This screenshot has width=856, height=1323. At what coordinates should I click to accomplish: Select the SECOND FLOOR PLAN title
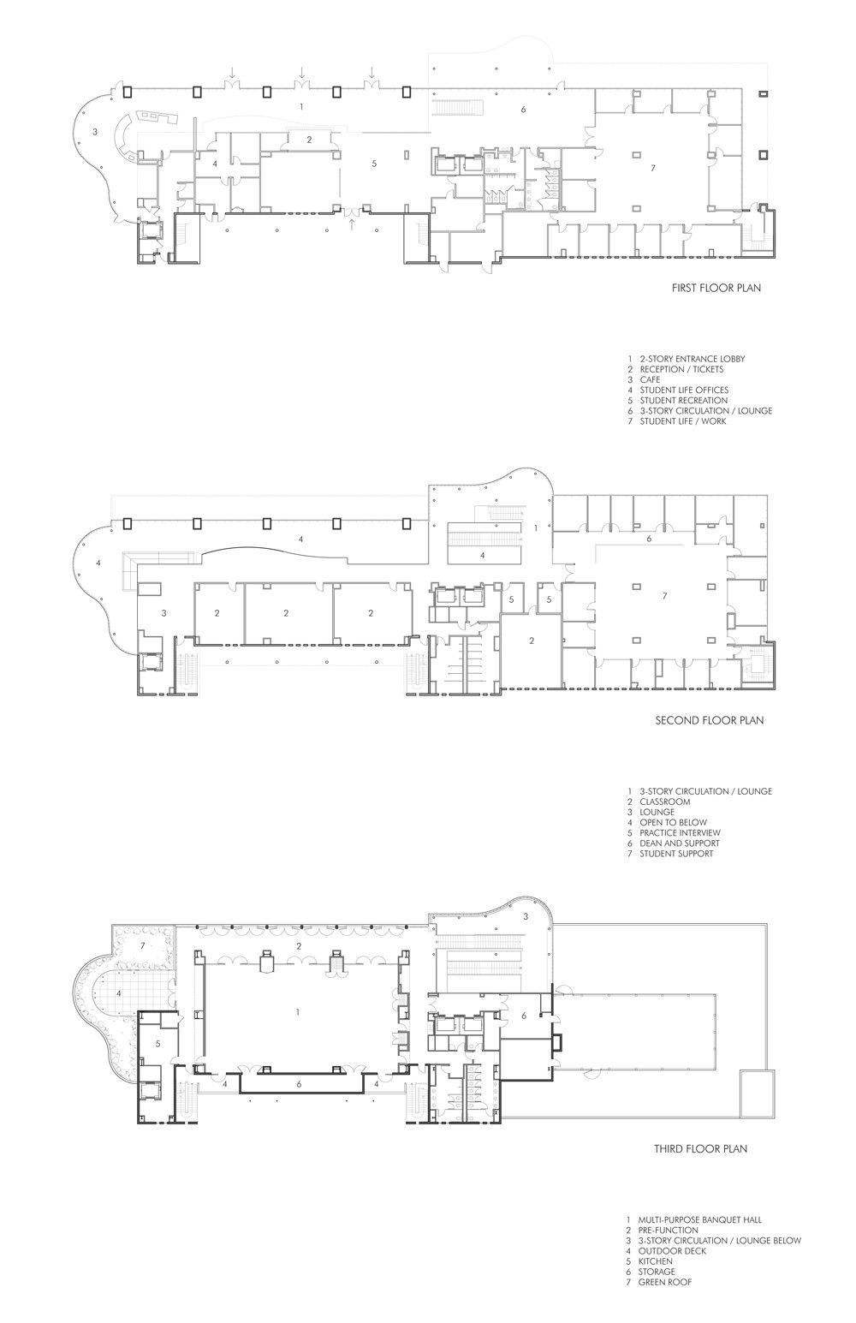pos(710,720)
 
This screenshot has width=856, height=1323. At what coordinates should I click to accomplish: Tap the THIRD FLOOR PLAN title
pos(701,1149)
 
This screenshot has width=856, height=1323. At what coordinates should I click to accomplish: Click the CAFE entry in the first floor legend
pos(650,379)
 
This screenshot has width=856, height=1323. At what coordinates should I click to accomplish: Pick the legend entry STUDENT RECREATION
pos(684,401)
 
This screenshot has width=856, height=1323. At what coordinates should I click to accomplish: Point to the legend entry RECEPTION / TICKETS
pos(681,369)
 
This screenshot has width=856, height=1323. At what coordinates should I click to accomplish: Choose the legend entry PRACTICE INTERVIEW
pos(680,833)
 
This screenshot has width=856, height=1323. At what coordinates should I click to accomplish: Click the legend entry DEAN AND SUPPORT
pos(680,843)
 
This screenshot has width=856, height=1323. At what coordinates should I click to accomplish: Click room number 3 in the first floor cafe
pos(95,132)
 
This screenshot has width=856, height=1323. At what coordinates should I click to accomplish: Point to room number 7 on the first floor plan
pos(652,169)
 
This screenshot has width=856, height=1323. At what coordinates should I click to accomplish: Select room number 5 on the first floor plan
pos(374,164)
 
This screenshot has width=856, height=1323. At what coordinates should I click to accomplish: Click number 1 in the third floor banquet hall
pos(298,1012)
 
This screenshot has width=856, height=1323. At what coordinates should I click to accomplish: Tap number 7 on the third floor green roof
pos(142,945)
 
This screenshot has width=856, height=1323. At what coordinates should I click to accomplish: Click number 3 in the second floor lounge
pos(163,613)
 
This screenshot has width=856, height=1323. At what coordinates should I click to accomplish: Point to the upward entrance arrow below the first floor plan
pos(352,223)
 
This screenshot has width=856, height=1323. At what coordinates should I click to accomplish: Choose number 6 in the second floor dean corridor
pos(649,539)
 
